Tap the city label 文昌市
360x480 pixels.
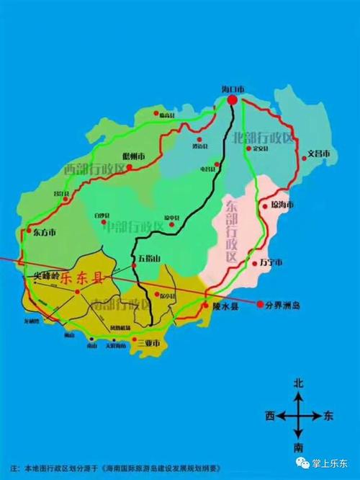(318, 154)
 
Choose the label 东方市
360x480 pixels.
(44, 233)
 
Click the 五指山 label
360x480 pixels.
(149, 258)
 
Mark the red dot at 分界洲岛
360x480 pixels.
(259, 305)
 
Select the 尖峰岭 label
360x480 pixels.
(41, 275)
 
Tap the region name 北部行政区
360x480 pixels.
(264, 137)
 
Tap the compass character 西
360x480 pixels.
(269, 416)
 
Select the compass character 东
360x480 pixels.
(329, 416)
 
